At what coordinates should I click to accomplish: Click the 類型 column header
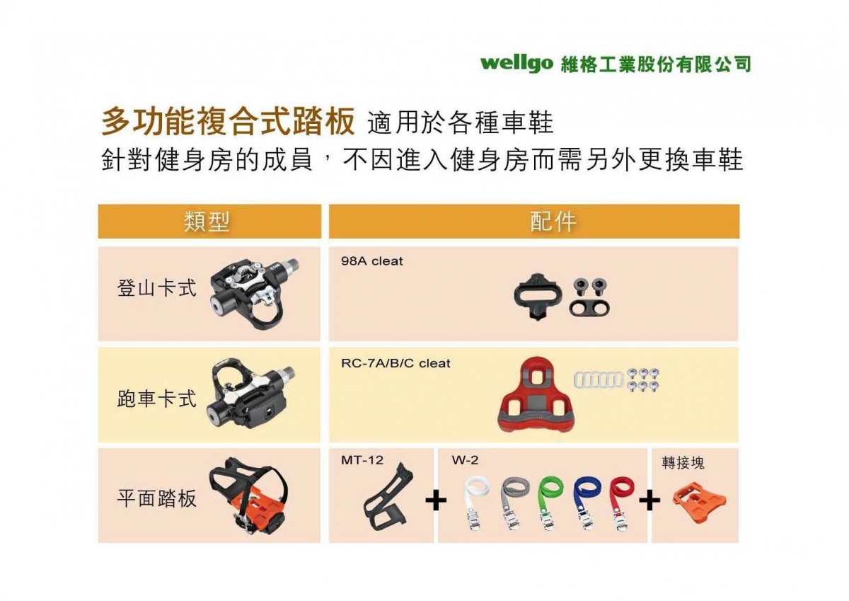coord(207,222)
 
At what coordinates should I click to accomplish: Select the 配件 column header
coord(553,222)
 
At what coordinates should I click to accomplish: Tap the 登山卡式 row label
coord(156,288)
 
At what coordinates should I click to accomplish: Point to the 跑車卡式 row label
coord(156,399)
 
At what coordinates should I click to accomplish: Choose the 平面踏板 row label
coord(156,498)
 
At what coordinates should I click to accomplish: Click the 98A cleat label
coord(372,261)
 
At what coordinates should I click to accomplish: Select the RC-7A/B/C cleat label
coord(395,364)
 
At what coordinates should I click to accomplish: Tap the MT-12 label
coord(362,460)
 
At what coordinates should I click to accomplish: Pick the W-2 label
coord(465,460)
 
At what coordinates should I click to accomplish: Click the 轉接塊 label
coord(683,463)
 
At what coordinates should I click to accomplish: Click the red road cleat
coord(536,395)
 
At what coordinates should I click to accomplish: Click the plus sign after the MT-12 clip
coord(436,500)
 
